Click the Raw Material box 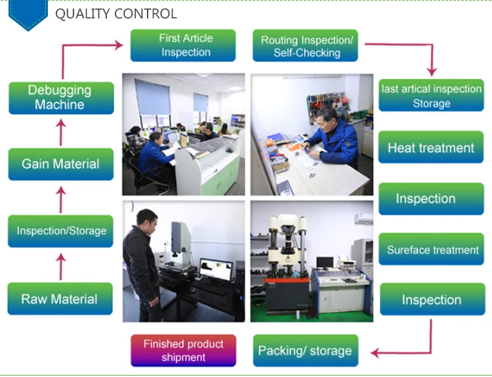pyautogui.click(x=60, y=299)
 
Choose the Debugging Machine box pyautogui.click(x=60, y=97)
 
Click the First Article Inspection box pyautogui.click(x=186, y=45)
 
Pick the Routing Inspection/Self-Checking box pyautogui.click(x=306, y=46)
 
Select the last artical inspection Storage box pyautogui.click(x=431, y=96)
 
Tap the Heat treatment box pyautogui.click(x=431, y=148)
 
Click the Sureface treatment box pyautogui.click(x=432, y=250)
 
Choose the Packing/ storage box pyautogui.click(x=306, y=350)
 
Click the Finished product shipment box pyautogui.click(x=183, y=350)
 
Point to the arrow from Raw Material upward pyautogui.click(x=62, y=267)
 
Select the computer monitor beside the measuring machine pyautogui.click(x=215, y=269)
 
